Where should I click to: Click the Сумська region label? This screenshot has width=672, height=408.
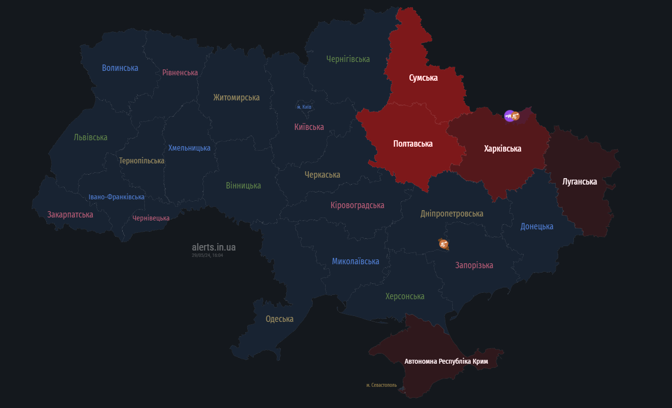tap(423, 78)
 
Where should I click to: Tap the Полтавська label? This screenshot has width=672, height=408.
tap(413, 144)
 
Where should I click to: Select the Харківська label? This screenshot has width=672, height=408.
tap(503, 149)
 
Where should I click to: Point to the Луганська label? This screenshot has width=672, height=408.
tap(579, 182)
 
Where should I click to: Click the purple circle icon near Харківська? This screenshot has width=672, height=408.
tap(509, 116)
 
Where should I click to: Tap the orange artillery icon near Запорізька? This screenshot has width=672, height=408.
tap(443, 243)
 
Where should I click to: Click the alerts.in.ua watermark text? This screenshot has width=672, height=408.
tap(214, 247)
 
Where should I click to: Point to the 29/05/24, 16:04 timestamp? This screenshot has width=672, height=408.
tap(207, 255)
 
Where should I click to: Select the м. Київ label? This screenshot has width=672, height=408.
tap(304, 107)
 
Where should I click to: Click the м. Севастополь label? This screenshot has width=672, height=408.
tap(381, 385)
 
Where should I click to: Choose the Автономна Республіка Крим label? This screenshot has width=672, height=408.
tap(446, 361)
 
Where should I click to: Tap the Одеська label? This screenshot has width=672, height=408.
tap(279, 319)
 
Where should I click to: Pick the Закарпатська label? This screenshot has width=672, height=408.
tap(70, 215)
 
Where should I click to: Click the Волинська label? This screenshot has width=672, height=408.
tap(120, 68)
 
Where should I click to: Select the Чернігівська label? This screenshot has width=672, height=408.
tap(348, 59)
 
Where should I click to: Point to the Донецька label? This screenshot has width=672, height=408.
tap(537, 226)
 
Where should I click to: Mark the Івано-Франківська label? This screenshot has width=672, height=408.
tap(117, 197)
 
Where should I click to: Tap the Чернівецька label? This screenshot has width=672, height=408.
tap(151, 218)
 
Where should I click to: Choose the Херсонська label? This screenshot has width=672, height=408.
tap(404, 296)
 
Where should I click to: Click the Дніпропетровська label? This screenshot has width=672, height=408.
tap(452, 214)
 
